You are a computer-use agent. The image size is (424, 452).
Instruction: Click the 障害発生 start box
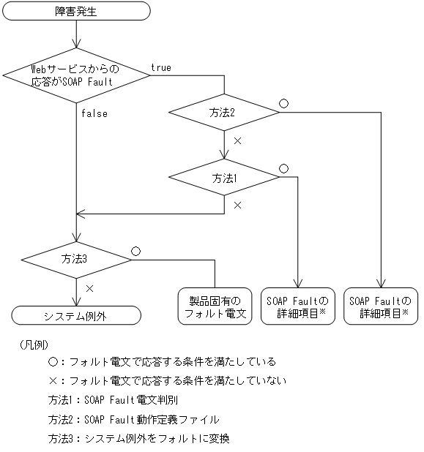(x=76, y=11)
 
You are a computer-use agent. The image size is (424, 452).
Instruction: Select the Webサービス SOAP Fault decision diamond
(x=76, y=75)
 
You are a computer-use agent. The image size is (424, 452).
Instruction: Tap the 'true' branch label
(x=161, y=68)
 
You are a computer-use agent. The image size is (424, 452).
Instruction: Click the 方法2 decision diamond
(x=223, y=113)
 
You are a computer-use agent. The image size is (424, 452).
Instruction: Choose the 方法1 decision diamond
(x=223, y=178)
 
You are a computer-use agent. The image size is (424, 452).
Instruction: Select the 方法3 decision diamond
(x=76, y=258)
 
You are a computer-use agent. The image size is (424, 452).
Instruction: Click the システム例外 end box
(x=76, y=314)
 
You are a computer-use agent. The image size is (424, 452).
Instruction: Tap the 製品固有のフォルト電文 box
(x=215, y=306)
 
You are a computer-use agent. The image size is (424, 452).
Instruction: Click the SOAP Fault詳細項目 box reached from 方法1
(x=297, y=306)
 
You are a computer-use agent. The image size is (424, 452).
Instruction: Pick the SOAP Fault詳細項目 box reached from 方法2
(x=380, y=306)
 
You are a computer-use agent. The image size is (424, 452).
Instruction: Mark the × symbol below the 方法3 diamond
(x=90, y=289)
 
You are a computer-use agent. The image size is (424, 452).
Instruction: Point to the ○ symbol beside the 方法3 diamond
(x=135, y=250)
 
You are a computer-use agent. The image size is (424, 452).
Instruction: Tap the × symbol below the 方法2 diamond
(x=237, y=140)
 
